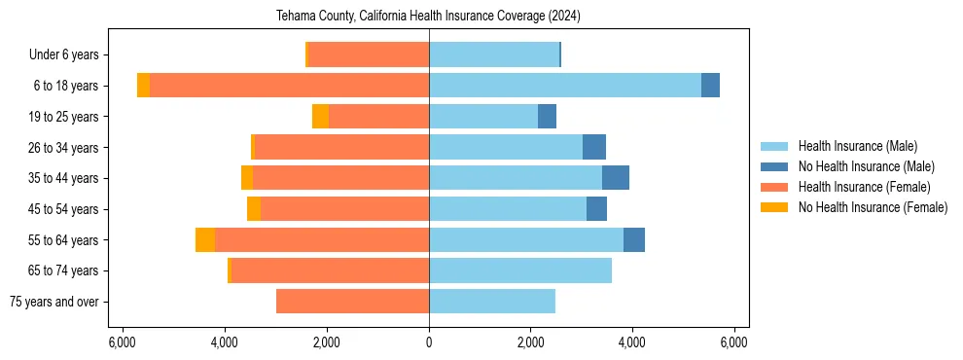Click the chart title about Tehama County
coord(429,16)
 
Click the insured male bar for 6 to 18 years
coord(564,86)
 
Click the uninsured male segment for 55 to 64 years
coord(634,239)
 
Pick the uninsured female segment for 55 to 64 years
coord(205,239)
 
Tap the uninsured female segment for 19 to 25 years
coord(320,117)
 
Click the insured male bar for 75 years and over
coord(492,302)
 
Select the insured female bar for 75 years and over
coord(352,302)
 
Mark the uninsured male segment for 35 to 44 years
coord(616,178)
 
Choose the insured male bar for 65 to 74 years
coord(520,270)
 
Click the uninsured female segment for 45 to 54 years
coord(254,209)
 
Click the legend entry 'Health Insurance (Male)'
coord(857,146)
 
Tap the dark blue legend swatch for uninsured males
coord(777,166)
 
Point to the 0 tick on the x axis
coord(429,342)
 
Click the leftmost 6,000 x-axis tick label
coord(123,342)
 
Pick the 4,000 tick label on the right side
coord(632,342)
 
